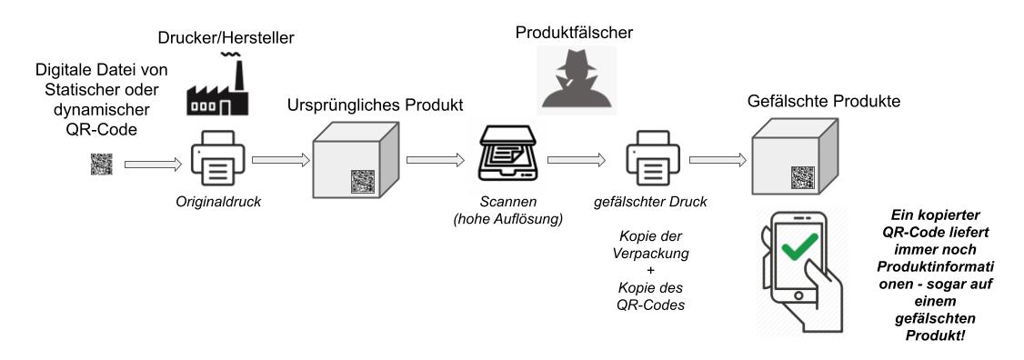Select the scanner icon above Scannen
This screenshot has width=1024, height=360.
(x=508, y=160)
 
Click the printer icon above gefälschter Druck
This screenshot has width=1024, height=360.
(x=654, y=161)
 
